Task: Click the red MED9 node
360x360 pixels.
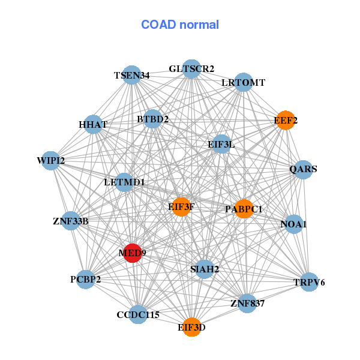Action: point(132,253)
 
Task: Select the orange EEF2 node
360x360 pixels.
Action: point(285,121)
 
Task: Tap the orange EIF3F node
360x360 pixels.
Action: point(181,207)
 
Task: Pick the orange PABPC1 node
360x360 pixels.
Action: point(244,209)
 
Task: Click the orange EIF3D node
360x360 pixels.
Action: point(191,327)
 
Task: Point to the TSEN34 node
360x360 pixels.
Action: point(131,75)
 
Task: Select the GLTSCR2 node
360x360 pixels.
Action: point(191,69)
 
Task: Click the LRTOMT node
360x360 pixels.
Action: point(243,82)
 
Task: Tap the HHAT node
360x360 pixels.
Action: point(93,125)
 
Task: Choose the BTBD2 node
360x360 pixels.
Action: point(152,119)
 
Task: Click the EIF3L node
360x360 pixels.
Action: point(221,144)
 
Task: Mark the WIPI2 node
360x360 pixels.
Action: point(51,160)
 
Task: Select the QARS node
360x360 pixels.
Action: point(303,169)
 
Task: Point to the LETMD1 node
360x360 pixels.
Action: point(124,182)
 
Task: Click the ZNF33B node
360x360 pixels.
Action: point(71,221)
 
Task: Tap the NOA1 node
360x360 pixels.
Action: point(293,224)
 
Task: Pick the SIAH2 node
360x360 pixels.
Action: point(205,269)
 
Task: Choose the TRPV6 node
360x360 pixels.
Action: point(309,282)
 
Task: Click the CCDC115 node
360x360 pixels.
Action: point(138,314)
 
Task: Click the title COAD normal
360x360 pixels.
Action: point(180,25)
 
